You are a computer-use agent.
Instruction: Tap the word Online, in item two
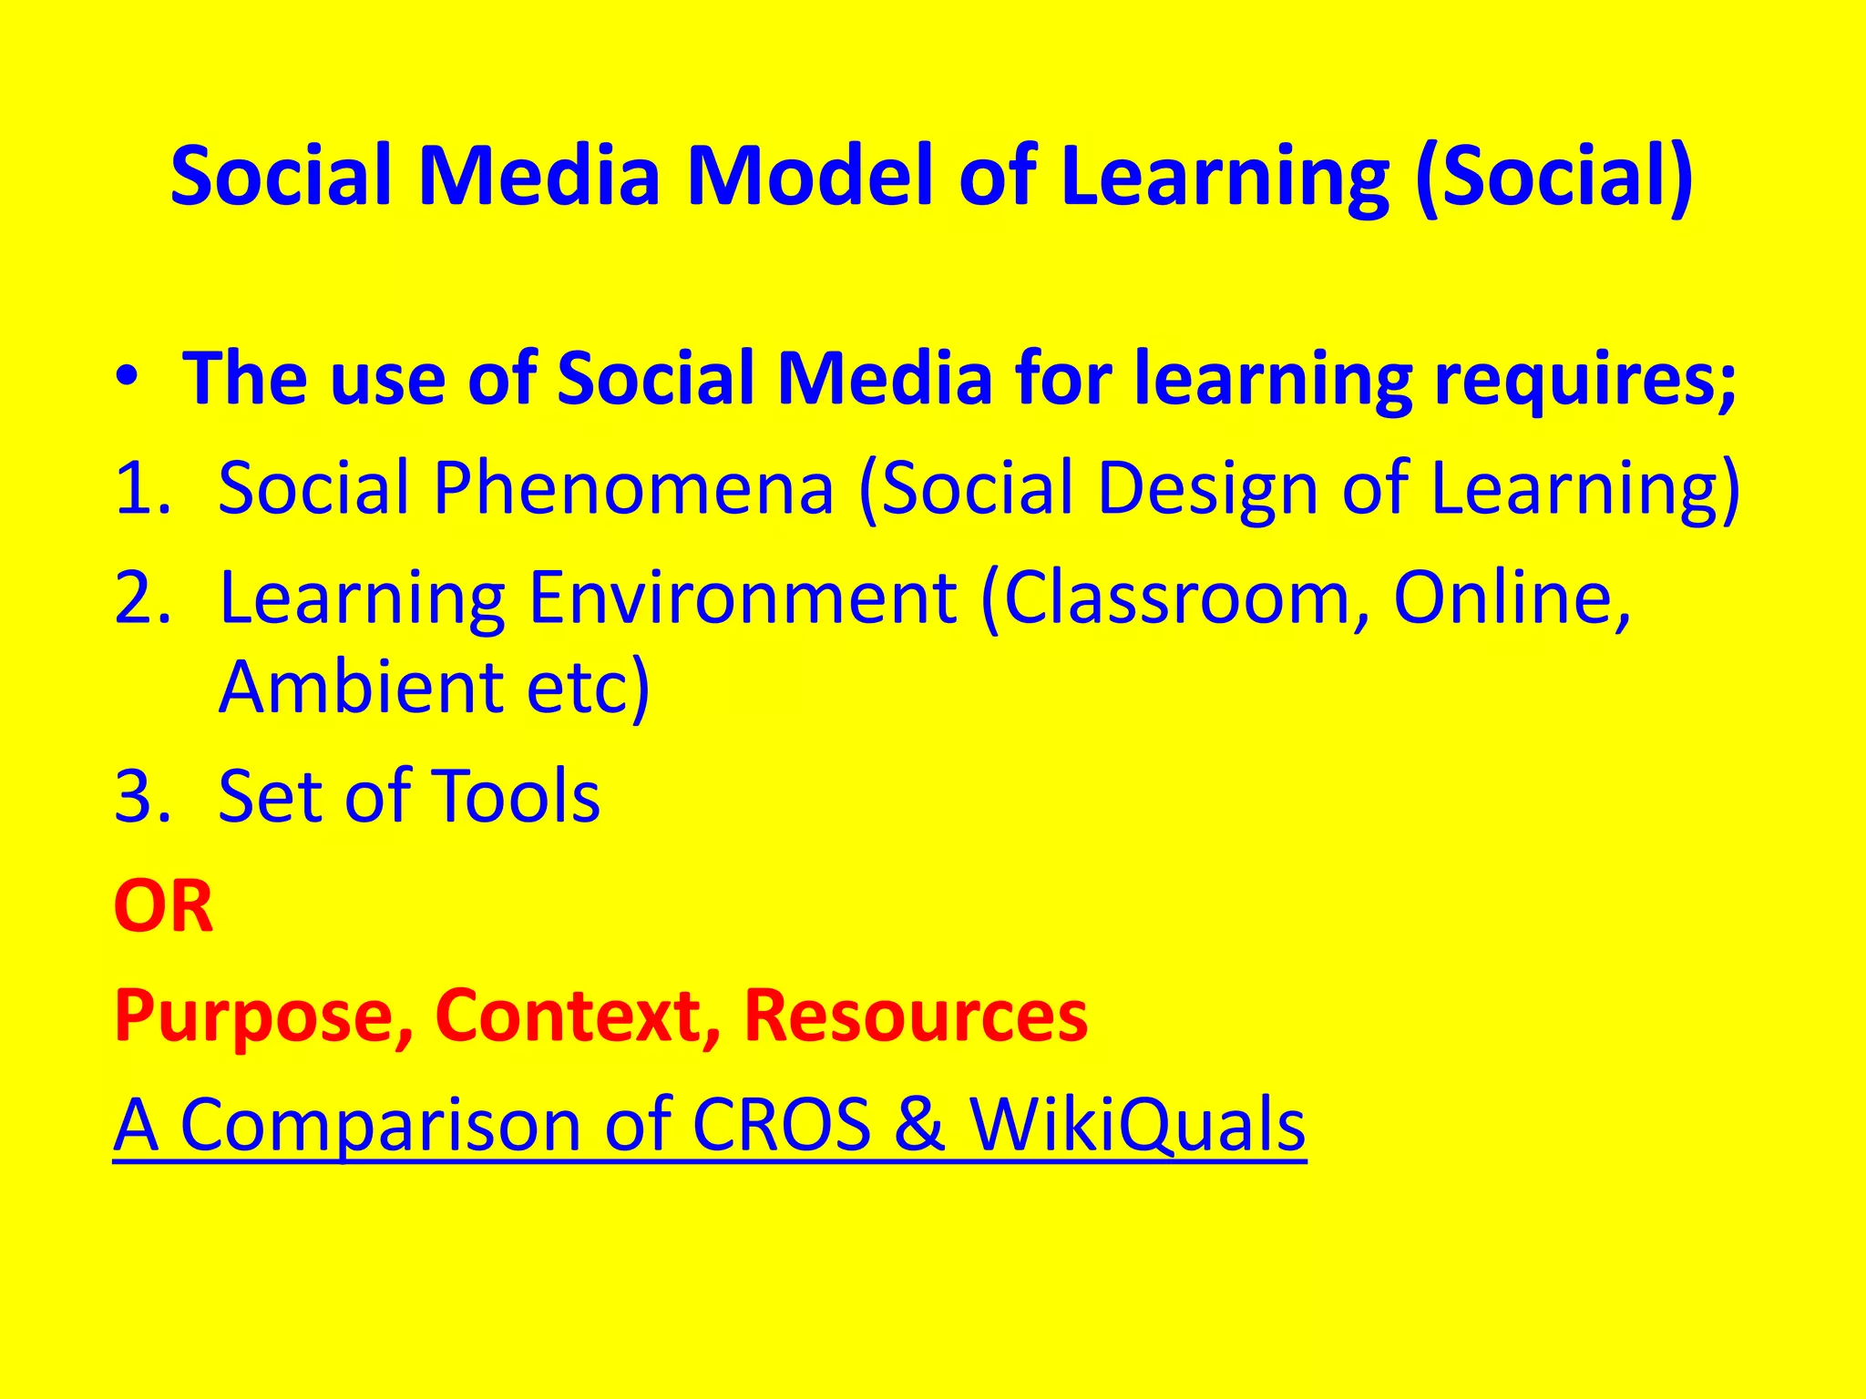tap(1512, 598)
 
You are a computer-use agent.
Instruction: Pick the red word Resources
tap(916, 1016)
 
